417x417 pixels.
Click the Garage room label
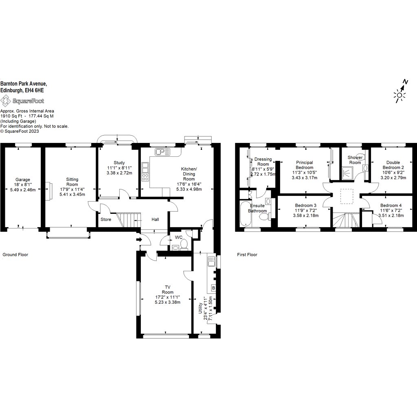tap(23, 180)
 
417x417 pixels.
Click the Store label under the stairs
tap(106, 219)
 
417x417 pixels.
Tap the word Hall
tap(156, 219)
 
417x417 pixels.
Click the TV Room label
tap(167, 289)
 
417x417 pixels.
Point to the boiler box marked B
tap(213, 288)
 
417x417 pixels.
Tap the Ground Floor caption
tap(15, 255)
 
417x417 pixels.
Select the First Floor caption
tap(247, 255)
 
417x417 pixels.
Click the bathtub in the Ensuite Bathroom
tap(245, 214)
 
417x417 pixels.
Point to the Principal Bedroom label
tap(304, 165)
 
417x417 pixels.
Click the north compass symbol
tap(400, 93)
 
